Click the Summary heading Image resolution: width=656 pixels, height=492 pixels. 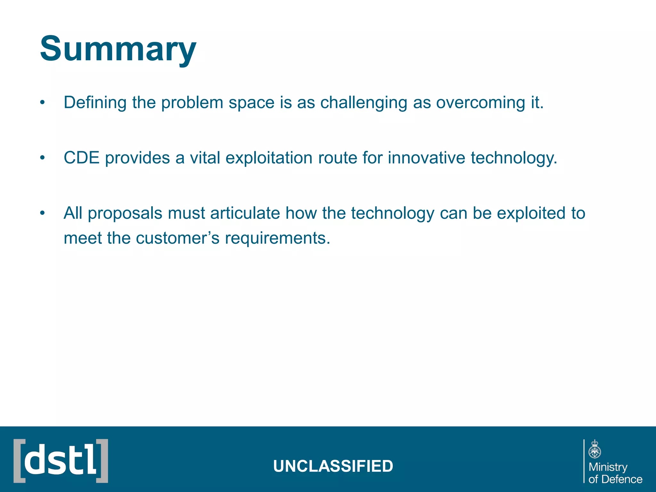118,49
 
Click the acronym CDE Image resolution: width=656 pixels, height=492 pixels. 81,158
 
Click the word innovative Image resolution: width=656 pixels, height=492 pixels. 426,158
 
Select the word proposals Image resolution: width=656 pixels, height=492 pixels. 125,214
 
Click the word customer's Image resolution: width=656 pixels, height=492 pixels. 178,238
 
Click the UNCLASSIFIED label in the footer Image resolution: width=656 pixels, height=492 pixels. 333,466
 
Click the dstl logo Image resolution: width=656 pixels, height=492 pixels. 61,461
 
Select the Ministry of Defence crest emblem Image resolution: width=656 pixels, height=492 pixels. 595,449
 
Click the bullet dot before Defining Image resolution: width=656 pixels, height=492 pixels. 42,103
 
